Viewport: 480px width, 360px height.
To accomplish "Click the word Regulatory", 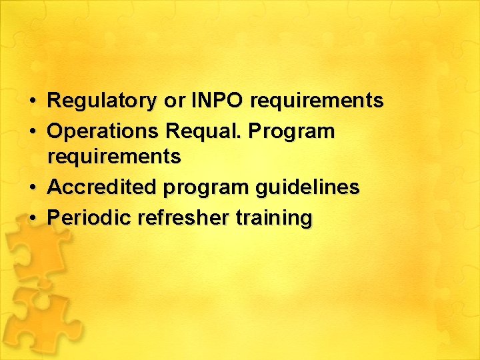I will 101,101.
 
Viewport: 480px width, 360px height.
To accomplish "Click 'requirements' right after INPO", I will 317,101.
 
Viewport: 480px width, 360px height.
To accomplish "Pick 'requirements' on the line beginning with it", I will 114,157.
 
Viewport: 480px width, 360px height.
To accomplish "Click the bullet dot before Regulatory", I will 33,102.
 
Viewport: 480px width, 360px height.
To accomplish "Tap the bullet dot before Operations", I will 33,132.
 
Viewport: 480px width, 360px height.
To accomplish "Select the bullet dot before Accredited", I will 33,188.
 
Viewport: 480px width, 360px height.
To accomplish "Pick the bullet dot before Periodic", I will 33,218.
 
